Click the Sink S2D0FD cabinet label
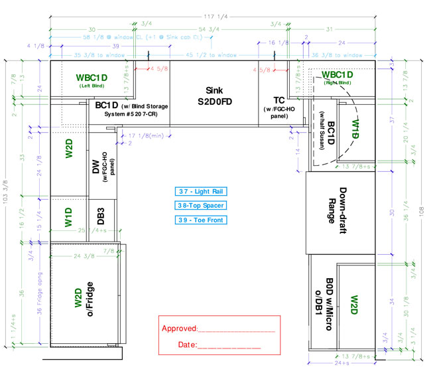(x=214, y=96)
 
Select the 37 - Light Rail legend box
(x=202, y=191)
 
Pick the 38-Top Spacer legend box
(x=202, y=206)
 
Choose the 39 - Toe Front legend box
(x=202, y=220)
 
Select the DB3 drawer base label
(x=101, y=217)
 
